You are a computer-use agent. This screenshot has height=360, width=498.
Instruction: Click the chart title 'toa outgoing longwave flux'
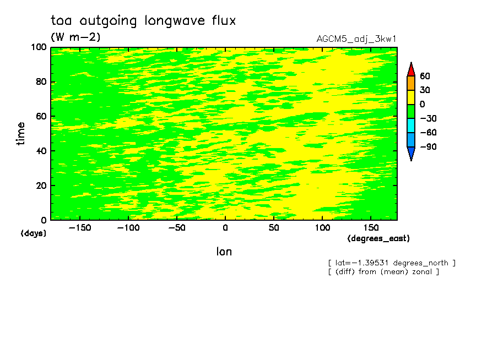coord(143,21)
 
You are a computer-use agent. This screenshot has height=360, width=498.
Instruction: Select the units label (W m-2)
coord(75,37)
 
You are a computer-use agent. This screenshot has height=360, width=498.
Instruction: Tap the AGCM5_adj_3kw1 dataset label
coord(356,39)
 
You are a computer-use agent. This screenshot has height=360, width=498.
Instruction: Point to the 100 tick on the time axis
coord(39,47)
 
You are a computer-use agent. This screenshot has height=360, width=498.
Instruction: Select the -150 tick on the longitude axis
coord(80,228)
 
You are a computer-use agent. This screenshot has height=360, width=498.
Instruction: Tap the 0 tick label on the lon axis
coord(225,228)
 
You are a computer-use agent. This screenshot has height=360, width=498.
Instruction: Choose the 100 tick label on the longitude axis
coord(322,228)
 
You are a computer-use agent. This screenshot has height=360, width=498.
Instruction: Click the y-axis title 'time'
coord(20,134)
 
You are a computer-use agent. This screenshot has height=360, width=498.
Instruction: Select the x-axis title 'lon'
coord(224,252)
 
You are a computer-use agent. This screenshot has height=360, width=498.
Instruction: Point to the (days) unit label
coord(34,233)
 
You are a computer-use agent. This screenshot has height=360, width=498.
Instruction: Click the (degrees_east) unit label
coord(378,238)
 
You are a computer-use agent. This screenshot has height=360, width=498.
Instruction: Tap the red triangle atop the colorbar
coord(411,70)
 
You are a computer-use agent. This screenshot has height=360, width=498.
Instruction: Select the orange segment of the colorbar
coord(411,83)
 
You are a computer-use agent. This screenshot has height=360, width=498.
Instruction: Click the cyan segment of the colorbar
coord(411,126)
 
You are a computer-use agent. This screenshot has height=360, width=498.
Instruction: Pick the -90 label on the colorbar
coord(429,146)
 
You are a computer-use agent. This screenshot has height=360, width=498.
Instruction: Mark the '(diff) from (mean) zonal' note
coord(383,272)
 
